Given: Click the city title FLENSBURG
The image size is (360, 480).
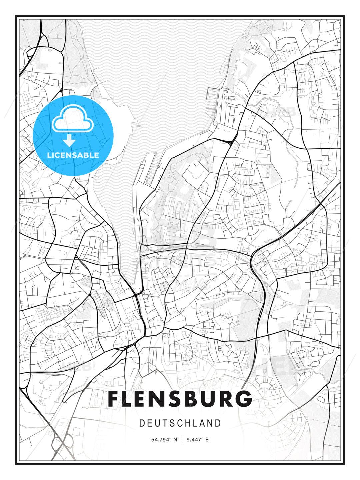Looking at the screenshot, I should [180, 399].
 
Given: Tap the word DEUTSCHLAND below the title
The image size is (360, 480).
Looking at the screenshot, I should [180, 423].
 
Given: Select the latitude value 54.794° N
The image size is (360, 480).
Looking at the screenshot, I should [164, 440].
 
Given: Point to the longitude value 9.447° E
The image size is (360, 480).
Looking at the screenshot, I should [198, 440].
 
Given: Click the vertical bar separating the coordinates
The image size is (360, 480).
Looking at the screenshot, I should [182, 440].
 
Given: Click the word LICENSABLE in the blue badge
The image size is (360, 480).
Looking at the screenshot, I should [73, 155].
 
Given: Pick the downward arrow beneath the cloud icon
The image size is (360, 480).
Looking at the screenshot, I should [69, 140].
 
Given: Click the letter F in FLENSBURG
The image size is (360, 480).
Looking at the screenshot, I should [114, 399].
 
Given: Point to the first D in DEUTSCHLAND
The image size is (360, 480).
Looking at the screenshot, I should [142, 423].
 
